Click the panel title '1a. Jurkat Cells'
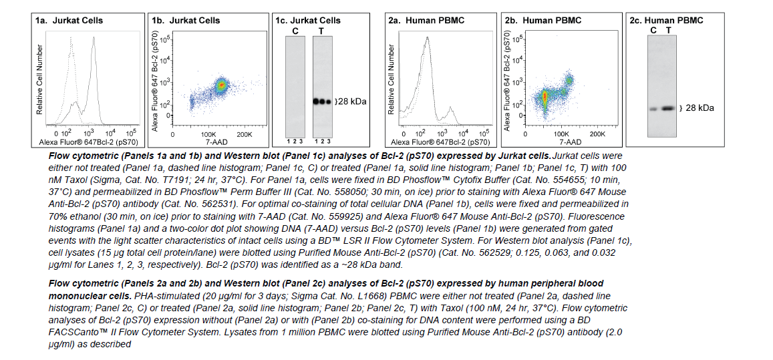[69, 20]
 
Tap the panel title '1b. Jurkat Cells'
[186, 20]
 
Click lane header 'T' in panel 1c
[321, 30]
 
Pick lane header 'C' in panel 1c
[295, 30]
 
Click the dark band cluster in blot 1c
[321, 102]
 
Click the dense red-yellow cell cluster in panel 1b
[222, 85]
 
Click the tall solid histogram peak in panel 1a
[94, 41]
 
